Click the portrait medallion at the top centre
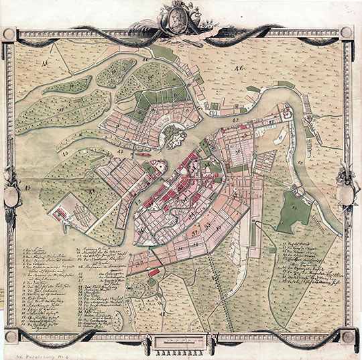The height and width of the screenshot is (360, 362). point(180,16)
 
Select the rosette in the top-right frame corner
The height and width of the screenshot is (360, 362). point(347,32)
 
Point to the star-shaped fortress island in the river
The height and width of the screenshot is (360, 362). point(176,139)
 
